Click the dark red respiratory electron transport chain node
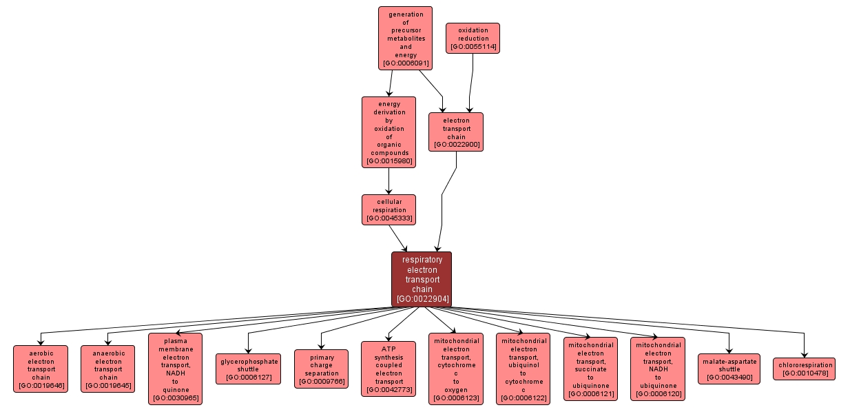coord(422,279)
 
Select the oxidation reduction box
coord(473,38)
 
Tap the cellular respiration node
coord(388,209)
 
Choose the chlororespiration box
coord(804,369)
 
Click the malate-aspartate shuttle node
coord(729,369)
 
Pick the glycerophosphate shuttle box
coord(248,369)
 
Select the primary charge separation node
coord(321,369)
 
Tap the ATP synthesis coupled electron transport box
coord(388,369)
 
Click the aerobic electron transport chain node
coord(41,369)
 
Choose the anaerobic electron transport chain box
coord(108,369)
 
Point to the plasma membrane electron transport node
coord(175,369)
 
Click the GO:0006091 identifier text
coord(405,63)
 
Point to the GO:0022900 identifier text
coord(456,145)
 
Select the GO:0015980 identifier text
coord(388,161)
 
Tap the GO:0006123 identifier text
coord(455,398)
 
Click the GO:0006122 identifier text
coord(523,398)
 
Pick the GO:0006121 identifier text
coord(590,394)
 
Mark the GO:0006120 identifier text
coord(658,394)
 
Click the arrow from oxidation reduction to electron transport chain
coord(471,83)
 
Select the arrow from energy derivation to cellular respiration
coord(388,181)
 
